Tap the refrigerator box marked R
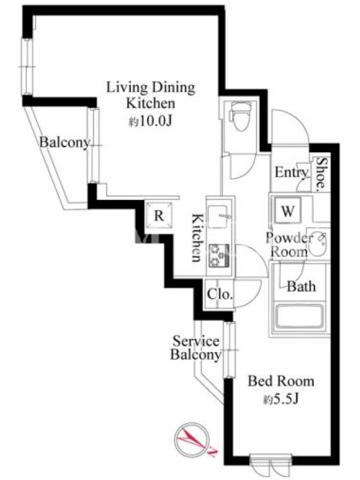pos(159,215)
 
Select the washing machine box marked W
pos(288,211)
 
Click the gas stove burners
pos(218,254)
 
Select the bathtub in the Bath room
pos(299,316)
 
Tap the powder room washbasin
pos(318,244)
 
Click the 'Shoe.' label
pos(321,173)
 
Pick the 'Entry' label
pos(292,172)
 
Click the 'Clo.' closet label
pos(220,295)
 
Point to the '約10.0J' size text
pos(151,122)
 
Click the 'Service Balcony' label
pos(196,348)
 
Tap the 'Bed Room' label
pos(281,382)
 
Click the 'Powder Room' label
pos(289,245)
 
